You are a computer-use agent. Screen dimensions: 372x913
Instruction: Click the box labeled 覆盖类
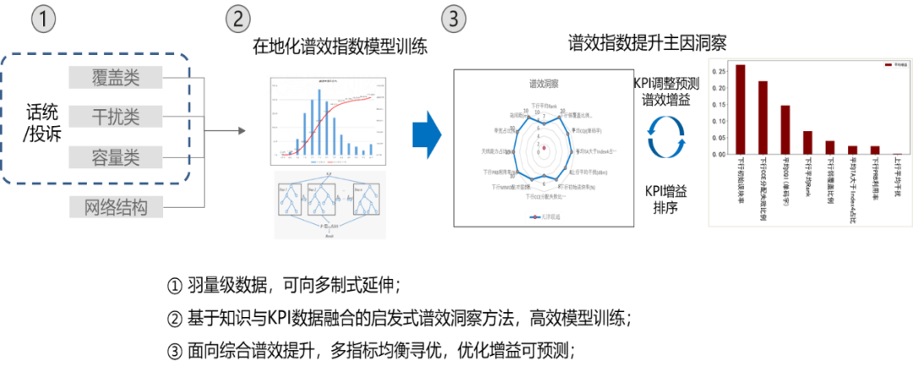pyautogui.click(x=116, y=78)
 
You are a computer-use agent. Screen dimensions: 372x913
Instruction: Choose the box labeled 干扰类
pyautogui.click(x=116, y=117)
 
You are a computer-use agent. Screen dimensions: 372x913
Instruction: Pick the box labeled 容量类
pyautogui.click(x=116, y=157)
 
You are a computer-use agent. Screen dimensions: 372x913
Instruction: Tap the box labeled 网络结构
pyautogui.click(x=116, y=206)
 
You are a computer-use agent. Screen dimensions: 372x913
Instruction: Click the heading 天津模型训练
pyautogui.click(x=324, y=85)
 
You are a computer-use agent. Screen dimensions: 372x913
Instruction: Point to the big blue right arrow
pyautogui.click(x=428, y=134)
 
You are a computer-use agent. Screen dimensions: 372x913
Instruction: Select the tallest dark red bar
pyautogui.click(x=740, y=110)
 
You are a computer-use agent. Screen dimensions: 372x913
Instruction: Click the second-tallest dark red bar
pyautogui.click(x=763, y=118)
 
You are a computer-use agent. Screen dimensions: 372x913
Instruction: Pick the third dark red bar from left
pyautogui.click(x=785, y=130)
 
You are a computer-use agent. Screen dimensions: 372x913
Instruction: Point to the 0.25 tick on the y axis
pyautogui.click(x=719, y=71)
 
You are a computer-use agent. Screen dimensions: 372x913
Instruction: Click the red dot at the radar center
pyautogui.click(x=544, y=150)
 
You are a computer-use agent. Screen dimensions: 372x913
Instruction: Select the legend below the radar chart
pyautogui.click(x=544, y=217)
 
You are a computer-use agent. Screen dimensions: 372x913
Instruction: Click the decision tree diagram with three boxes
pyautogui.click(x=330, y=205)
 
